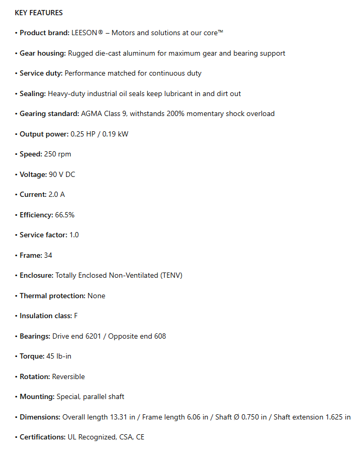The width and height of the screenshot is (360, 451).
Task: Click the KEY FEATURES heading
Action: [38, 13]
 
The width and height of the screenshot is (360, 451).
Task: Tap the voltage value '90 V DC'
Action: [62, 174]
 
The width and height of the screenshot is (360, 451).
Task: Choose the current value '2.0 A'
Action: [57, 194]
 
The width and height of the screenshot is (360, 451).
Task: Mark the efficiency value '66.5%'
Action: [66, 215]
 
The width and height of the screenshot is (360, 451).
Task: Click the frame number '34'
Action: [48, 255]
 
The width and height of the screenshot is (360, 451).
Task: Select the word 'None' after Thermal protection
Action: [97, 296]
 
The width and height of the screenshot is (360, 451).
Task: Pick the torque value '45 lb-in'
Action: [59, 356]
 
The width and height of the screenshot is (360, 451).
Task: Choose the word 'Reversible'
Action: [68, 376]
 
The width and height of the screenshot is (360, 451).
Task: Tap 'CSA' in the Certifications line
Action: [125, 437]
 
